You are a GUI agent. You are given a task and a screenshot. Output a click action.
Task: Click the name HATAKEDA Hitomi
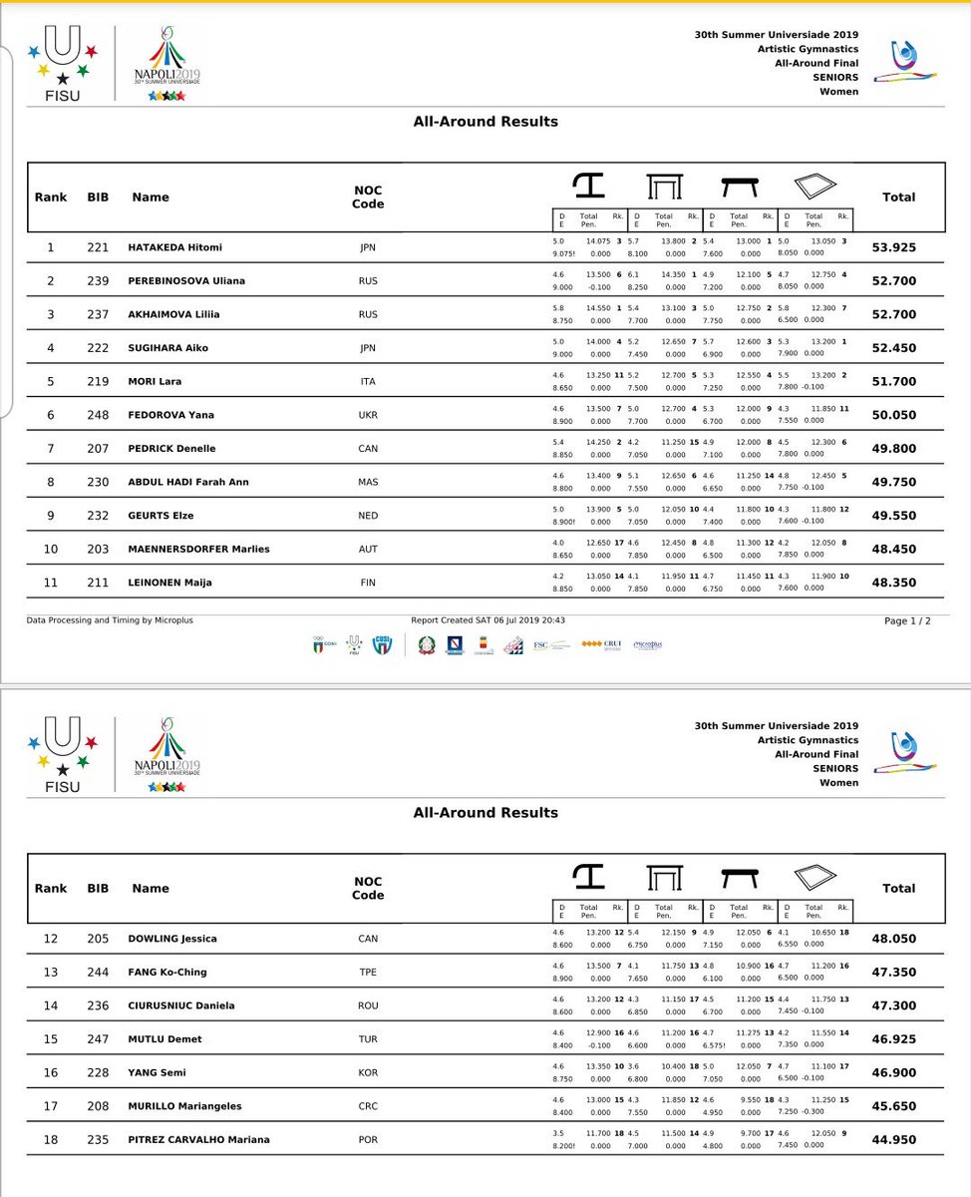coord(174,247)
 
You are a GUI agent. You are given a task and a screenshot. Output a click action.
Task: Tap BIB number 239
coord(98,281)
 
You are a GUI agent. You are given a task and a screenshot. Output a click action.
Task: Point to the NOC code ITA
coord(368,382)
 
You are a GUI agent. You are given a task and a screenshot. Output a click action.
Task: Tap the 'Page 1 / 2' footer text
coord(907,620)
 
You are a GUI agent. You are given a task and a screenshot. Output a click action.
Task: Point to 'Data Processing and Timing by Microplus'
coord(110,620)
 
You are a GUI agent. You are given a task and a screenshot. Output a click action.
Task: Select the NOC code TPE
coord(368,972)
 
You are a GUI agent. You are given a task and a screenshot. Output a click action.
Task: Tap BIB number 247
coord(98,1038)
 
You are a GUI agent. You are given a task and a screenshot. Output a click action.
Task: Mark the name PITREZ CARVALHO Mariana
coord(198,1139)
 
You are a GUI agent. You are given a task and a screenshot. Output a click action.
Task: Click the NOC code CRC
coord(368,1105)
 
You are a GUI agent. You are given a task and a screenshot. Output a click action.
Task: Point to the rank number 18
coord(50,1139)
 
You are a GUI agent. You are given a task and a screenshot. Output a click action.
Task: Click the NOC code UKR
coord(368,415)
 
